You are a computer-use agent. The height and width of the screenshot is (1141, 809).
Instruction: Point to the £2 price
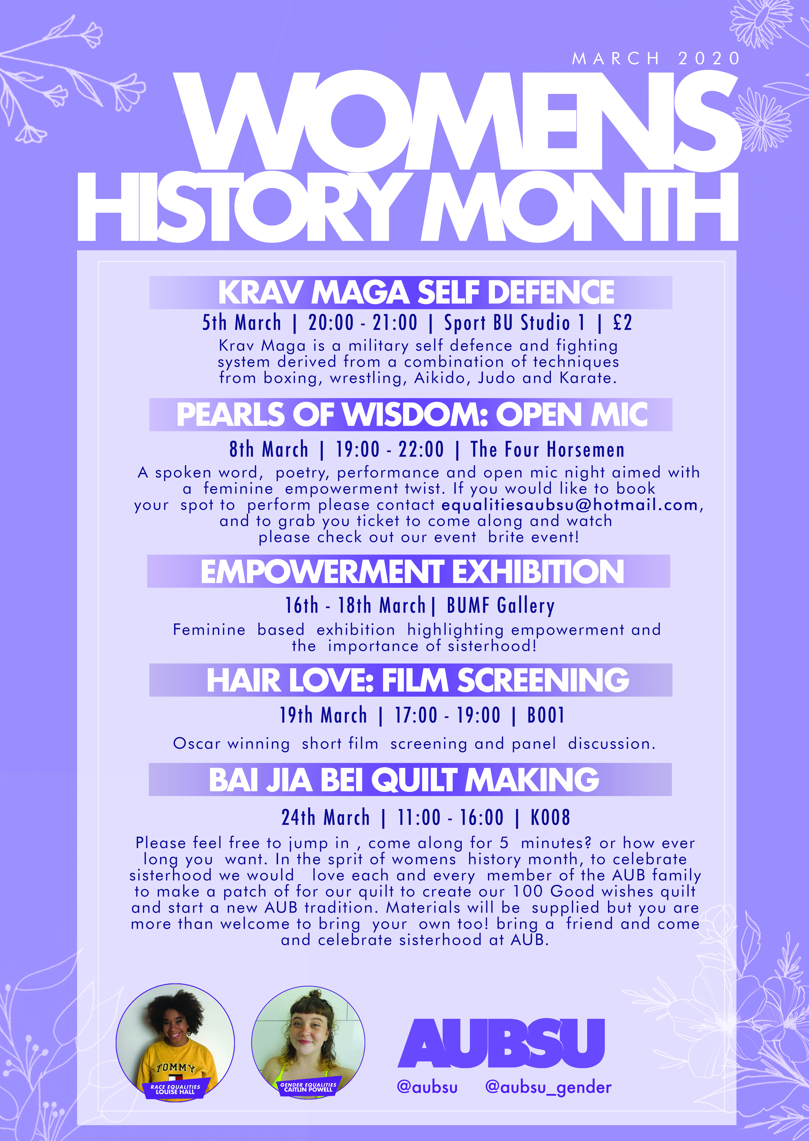[x=622, y=323]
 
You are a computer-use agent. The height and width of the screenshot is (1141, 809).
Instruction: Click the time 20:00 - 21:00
[x=363, y=323]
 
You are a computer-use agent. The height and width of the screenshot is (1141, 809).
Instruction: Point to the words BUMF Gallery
[x=501, y=606]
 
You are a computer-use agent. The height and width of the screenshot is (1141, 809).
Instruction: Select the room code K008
[x=551, y=818]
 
